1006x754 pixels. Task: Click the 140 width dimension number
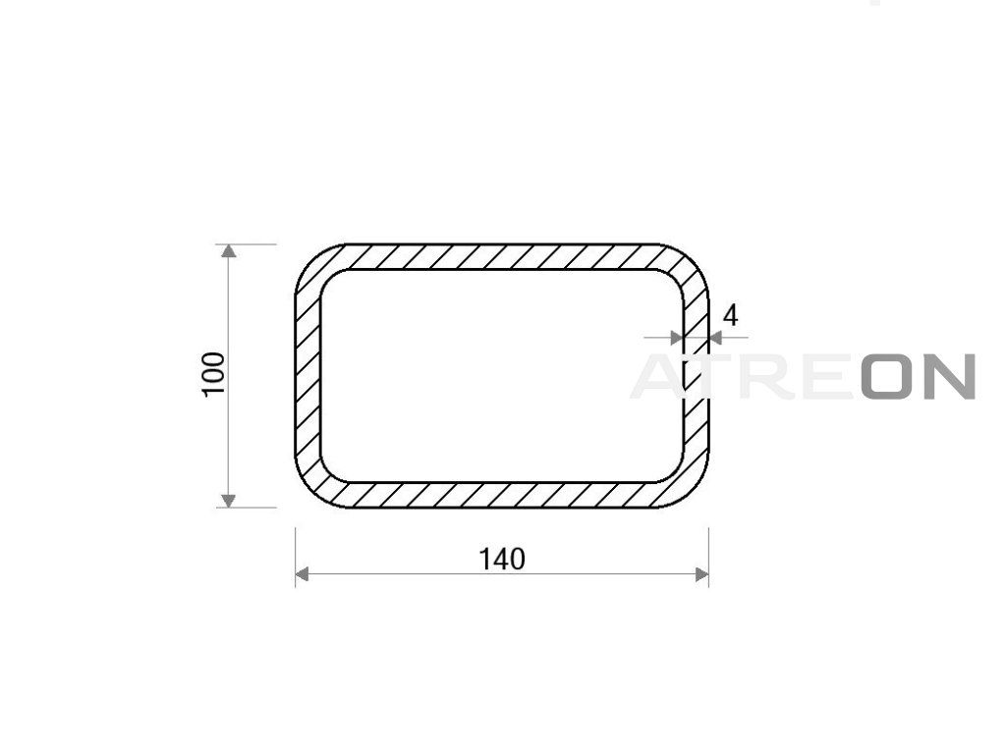[x=502, y=560]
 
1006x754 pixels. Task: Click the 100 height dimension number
[x=214, y=375]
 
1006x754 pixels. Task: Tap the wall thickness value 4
[x=730, y=316]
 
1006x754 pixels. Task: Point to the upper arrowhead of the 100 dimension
[x=228, y=250]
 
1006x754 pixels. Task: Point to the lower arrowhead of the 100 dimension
[x=228, y=501]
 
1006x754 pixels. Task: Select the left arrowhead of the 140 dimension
[x=303, y=574]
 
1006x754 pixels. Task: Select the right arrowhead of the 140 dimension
[x=701, y=574]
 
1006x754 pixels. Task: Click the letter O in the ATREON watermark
[x=887, y=376]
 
